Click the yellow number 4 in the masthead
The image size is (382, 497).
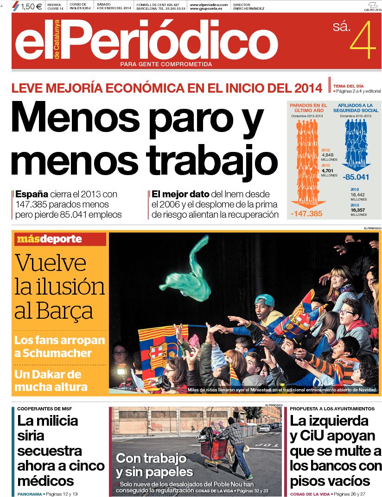pos(363,40)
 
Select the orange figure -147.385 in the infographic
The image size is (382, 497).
pos(306,214)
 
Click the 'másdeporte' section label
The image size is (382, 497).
pos(49,239)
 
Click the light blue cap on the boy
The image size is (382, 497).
pos(264,301)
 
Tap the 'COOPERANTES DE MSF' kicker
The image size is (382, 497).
pos(45,409)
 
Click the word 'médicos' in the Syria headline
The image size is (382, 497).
pos(46,480)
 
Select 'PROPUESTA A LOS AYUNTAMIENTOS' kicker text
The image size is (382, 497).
pos(332,409)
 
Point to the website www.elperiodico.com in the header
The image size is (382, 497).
pos(209,4)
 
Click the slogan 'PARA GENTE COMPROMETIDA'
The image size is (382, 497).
pos(166,64)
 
